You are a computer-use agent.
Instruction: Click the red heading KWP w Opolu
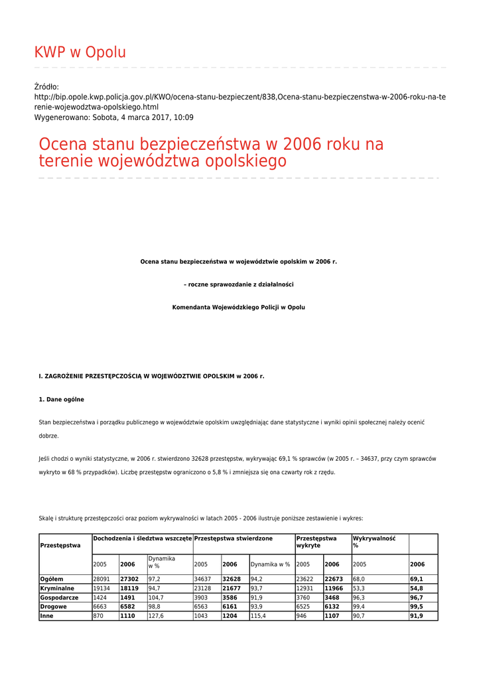(80, 52)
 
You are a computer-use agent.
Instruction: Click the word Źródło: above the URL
(46, 87)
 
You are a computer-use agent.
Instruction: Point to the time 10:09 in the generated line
(182, 117)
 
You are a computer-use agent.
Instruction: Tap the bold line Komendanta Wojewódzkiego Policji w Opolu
(238, 308)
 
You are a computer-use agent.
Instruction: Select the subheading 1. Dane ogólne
(61, 399)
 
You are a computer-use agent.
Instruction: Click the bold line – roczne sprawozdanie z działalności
(238, 284)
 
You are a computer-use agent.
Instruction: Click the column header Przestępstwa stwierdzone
(233, 538)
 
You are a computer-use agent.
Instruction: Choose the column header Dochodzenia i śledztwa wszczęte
(143, 538)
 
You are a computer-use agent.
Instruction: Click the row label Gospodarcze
(59, 597)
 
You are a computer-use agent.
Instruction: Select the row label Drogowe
(54, 607)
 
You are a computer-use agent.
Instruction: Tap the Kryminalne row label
(57, 588)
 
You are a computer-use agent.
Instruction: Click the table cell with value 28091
(102, 579)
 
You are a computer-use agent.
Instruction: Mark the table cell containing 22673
(334, 579)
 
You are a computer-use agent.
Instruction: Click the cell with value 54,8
(417, 588)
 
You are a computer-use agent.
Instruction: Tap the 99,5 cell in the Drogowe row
(417, 607)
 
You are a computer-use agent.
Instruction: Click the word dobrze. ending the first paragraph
(48, 436)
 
